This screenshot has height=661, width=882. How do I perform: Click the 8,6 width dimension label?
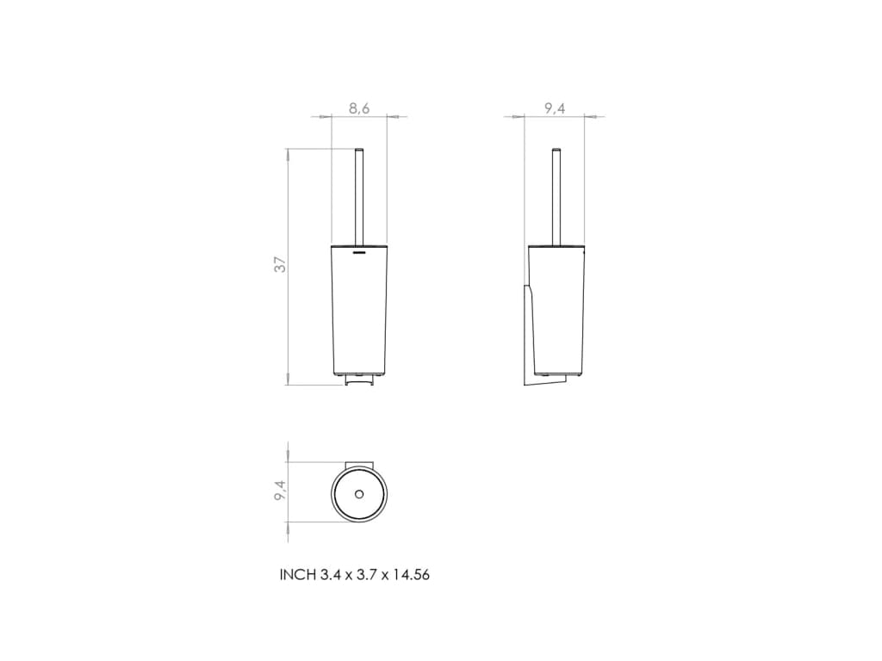click(359, 108)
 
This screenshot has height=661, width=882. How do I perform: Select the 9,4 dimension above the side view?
click(555, 108)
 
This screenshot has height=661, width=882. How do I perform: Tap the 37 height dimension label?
click(280, 264)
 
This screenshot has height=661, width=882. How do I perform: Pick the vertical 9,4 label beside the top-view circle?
click(280, 490)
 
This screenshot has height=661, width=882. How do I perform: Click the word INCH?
click(299, 575)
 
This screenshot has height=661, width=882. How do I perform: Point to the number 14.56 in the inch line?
click(411, 575)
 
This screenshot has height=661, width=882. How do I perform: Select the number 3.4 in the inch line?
click(331, 575)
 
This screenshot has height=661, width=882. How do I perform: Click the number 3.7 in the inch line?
click(367, 575)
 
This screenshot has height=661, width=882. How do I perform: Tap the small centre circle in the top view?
click(359, 494)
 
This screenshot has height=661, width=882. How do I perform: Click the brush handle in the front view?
click(359, 197)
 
